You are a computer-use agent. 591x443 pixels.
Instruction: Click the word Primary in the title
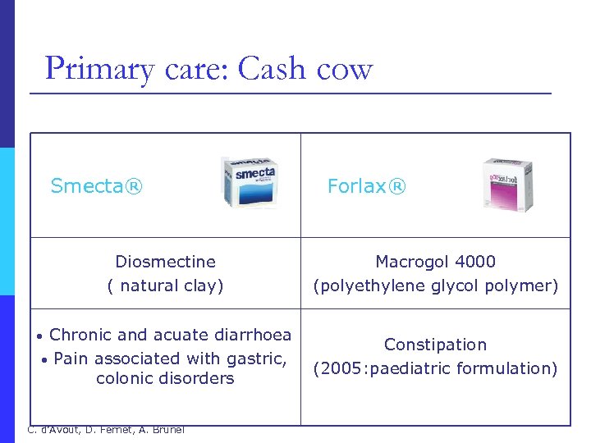pyautogui.click(x=97, y=69)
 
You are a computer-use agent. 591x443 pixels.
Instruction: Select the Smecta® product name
pyautogui.click(x=96, y=186)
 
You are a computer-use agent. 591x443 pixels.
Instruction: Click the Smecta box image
pyautogui.click(x=250, y=184)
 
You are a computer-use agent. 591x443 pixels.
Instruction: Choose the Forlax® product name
pyautogui.click(x=366, y=186)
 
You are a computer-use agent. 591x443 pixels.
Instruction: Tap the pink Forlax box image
pyautogui.click(x=506, y=185)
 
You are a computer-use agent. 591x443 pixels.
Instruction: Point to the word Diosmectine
pyautogui.click(x=165, y=262)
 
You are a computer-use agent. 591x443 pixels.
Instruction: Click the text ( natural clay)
pyautogui.click(x=165, y=285)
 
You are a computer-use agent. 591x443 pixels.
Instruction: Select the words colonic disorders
pyautogui.click(x=165, y=378)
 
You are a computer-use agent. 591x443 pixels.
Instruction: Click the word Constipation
pyautogui.click(x=435, y=345)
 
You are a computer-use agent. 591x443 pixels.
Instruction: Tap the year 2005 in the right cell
pyautogui.click(x=339, y=368)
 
